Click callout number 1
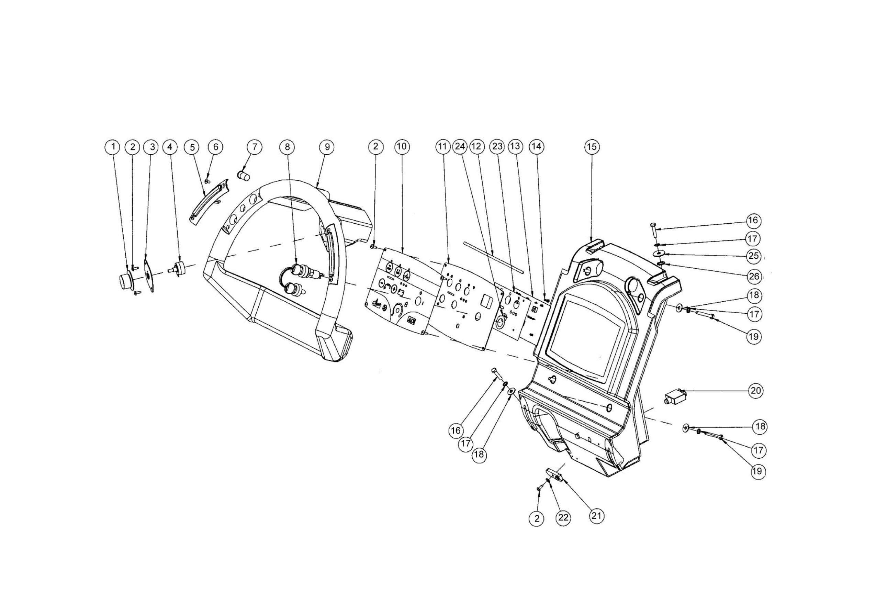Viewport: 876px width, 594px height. [112, 147]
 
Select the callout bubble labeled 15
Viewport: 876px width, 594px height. [592, 147]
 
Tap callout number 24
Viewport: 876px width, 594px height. [460, 146]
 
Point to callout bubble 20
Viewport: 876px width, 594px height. [756, 391]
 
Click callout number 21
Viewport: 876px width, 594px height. [596, 515]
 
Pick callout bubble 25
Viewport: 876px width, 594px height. [753, 256]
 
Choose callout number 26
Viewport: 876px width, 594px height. [753, 277]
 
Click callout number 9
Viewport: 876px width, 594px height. [327, 147]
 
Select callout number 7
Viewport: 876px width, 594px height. [255, 147]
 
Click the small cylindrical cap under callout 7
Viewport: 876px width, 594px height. [243, 175]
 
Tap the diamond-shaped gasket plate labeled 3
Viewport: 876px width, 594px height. [150, 277]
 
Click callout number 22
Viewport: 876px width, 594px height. [563, 518]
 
